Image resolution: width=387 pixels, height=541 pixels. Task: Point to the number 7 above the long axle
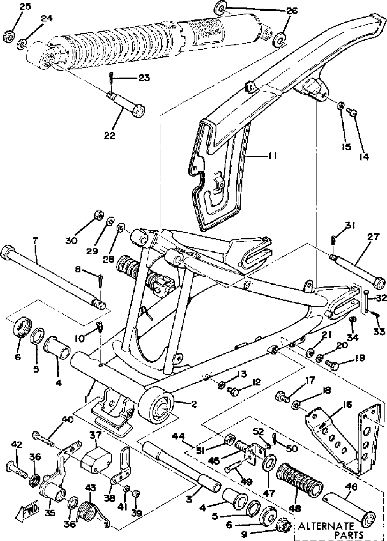pos(35,240)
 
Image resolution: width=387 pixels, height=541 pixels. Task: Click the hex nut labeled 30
pos(99,215)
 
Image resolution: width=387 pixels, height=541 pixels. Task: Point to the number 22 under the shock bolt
pos(109,135)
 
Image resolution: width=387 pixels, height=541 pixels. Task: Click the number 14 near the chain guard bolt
pos(364,157)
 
